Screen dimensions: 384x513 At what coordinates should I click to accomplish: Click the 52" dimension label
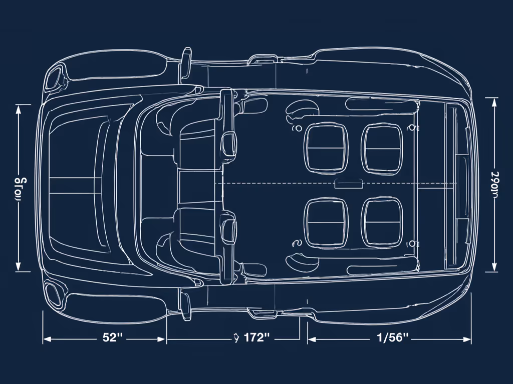(113, 337)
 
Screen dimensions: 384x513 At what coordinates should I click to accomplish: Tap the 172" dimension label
(256, 337)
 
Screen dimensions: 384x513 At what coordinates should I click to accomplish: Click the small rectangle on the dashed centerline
(348, 183)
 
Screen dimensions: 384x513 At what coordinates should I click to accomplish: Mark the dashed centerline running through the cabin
(281, 183)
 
